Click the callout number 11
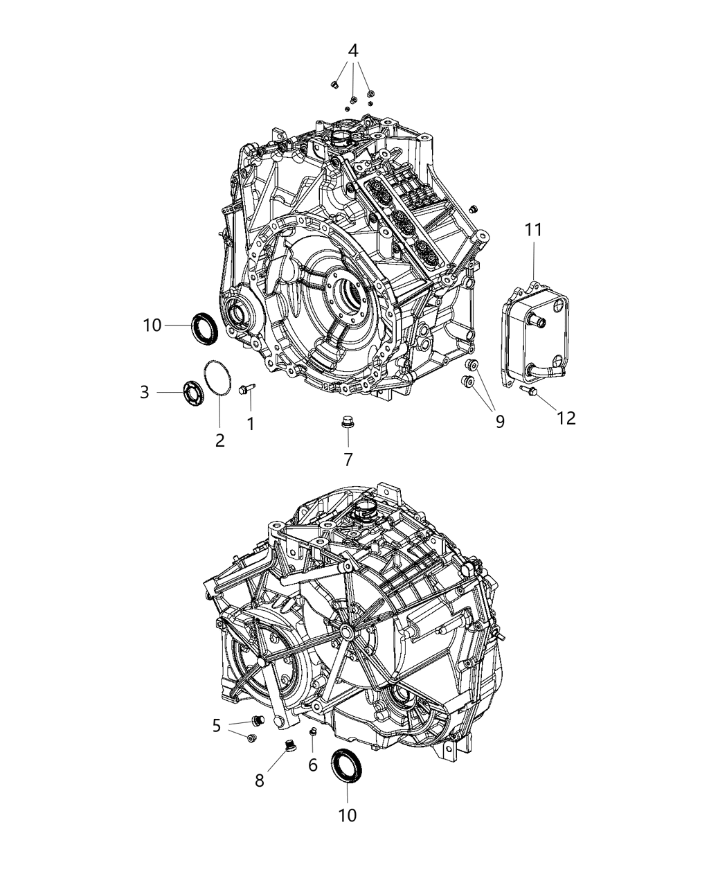pyautogui.click(x=534, y=231)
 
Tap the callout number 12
pyautogui.click(x=566, y=418)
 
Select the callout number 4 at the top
pyautogui.click(x=353, y=51)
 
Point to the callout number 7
pyautogui.click(x=348, y=458)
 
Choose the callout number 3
pyautogui.click(x=144, y=392)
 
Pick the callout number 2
pyautogui.click(x=219, y=440)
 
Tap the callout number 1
pyautogui.click(x=250, y=424)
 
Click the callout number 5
pyautogui.click(x=217, y=726)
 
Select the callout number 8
pyautogui.click(x=260, y=781)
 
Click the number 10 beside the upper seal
pyautogui.click(x=153, y=324)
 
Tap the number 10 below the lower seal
pyautogui.click(x=348, y=815)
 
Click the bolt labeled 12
pyautogui.click(x=529, y=392)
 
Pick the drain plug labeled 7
pyautogui.click(x=347, y=422)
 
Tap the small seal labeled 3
pyautogui.click(x=192, y=393)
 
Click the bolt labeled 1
pyautogui.click(x=246, y=391)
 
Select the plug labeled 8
pyautogui.click(x=291, y=746)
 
